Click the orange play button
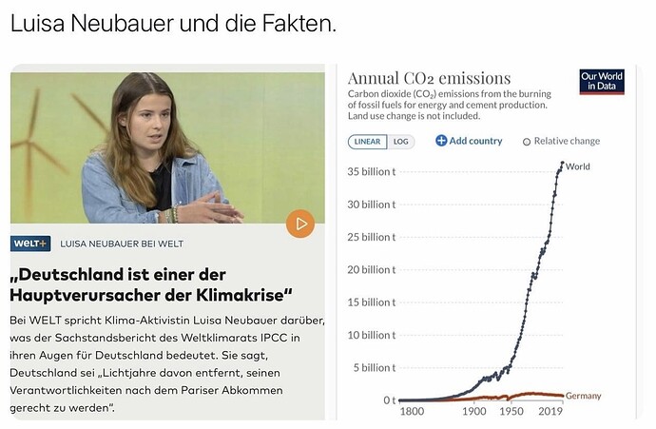point(300,224)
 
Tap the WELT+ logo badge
point(30,244)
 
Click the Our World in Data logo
point(602,82)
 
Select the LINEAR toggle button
point(367,142)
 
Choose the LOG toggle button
point(401,142)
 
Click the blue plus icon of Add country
point(441,141)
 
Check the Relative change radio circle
point(527,142)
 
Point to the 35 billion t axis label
point(372,171)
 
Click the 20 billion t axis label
point(372,270)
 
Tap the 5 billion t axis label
point(375,368)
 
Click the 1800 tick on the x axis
point(412,412)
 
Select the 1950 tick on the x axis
point(511,412)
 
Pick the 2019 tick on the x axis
point(550,412)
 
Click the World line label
point(578,166)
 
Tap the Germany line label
point(583,396)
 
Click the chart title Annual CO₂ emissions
point(429,78)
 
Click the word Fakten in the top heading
point(299,23)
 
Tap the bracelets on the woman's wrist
point(171,214)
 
